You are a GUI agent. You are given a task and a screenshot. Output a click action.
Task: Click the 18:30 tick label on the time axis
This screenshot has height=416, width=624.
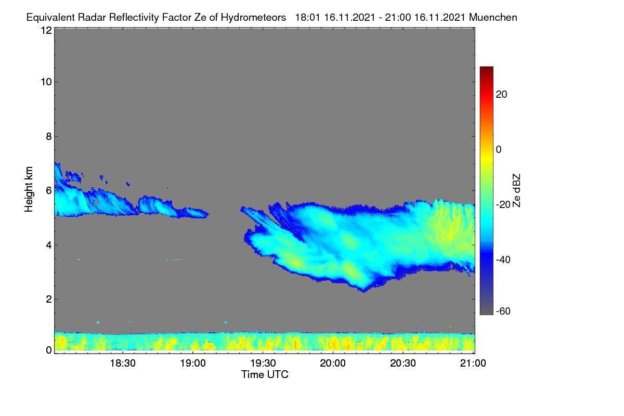pyautogui.click(x=123, y=363)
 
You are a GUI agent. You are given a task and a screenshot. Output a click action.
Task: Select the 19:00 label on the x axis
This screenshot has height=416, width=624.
pyautogui.click(x=193, y=363)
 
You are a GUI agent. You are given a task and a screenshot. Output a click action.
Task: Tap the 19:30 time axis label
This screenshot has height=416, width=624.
pyautogui.click(x=263, y=363)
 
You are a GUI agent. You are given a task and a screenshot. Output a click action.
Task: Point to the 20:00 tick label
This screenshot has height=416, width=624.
pyautogui.click(x=333, y=363)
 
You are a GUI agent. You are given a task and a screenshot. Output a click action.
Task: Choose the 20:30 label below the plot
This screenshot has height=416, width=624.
pyautogui.click(x=403, y=363)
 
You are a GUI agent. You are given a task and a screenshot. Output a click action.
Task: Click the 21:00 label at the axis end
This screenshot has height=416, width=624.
pyautogui.click(x=473, y=363)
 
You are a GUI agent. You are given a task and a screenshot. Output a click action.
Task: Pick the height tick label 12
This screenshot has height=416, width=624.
pyautogui.click(x=46, y=30)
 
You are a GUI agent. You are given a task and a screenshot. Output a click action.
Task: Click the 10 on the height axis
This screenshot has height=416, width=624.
pyautogui.click(x=46, y=82)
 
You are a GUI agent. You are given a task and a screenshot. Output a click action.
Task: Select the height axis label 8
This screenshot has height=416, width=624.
pyautogui.click(x=49, y=137)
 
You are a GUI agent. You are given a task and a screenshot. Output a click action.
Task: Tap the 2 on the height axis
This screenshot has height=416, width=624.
pyautogui.click(x=49, y=300)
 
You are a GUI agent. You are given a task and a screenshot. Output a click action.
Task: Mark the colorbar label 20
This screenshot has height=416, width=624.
pyautogui.click(x=501, y=95)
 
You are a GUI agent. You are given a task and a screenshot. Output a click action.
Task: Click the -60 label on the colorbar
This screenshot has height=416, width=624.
pyautogui.click(x=503, y=311)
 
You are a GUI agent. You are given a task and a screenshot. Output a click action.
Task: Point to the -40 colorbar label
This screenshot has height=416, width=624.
pyautogui.click(x=503, y=259)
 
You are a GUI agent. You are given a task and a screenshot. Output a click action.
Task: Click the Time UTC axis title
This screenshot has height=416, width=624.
pyautogui.click(x=265, y=374)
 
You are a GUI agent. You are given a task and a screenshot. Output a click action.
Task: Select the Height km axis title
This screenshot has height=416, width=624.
pyautogui.click(x=29, y=189)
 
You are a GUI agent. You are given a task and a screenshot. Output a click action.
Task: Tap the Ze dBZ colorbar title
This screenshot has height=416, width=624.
pyautogui.click(x=516, y=191)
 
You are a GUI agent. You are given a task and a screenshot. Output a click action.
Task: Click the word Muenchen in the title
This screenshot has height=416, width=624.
pyautogui.click(x=493, y=17)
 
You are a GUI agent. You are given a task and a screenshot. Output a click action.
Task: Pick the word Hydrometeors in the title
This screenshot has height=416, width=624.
pyautogui.click(x=253, y=18)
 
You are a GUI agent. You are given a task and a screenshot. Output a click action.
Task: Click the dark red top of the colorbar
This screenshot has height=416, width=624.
pyautogui.click(x=486, y=69)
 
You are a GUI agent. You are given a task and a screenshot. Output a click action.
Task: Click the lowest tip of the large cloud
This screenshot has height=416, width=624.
pyautogui.click(x=363, y=292)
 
